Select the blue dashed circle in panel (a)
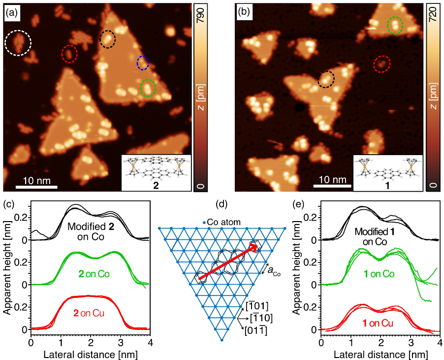142,63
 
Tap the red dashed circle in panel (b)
381,64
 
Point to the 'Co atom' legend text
223,222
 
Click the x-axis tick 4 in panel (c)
150,343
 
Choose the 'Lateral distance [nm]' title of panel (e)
381,354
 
